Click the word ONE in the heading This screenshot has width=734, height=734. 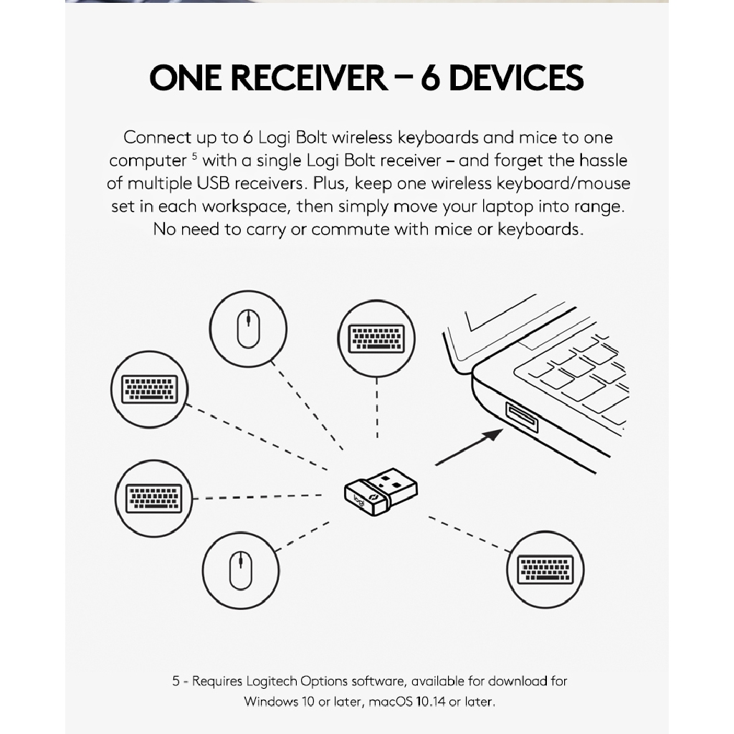click(186, 77)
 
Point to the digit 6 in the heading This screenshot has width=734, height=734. click(430, 77)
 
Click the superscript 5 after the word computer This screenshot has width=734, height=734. click(194, 156)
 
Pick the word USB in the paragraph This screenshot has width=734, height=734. click(213, 183)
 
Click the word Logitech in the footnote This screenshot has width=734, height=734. click(272, 681)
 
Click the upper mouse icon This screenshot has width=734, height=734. click(248, 328)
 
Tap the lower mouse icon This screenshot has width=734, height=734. click(241, 570)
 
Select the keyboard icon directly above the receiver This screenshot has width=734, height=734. click(376, 338)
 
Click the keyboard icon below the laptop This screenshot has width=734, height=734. click(545, 570)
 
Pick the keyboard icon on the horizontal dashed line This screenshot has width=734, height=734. click(153, 498)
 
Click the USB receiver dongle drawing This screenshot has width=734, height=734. click(381, 492)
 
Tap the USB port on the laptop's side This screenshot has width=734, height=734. click(522, 416)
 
